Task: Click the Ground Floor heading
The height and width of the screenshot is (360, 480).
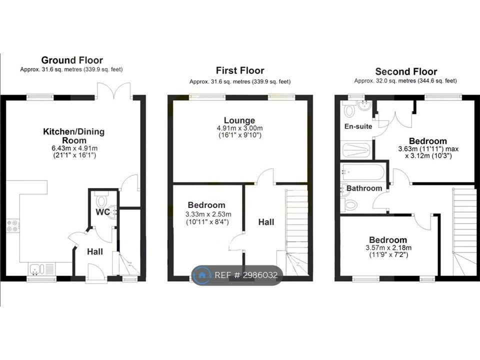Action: click(72, 60)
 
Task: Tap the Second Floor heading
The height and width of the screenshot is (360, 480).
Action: click(406, 71)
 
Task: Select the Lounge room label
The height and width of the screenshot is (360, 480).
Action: click(239, 120)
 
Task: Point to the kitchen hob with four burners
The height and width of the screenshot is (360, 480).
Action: click(12, 226)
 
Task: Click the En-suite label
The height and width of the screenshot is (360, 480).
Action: click(358, 126)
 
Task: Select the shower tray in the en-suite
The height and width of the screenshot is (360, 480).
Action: click(355, 150)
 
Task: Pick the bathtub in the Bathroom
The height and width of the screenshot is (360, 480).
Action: click(363, 172)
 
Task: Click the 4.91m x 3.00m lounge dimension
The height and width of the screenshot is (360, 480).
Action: click(239, 128)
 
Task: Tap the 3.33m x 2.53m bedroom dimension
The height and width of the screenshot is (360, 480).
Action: click(208, 214)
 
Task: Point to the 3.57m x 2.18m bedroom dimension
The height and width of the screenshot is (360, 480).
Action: click(388, 247)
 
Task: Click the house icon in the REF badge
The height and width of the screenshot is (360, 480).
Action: click(201, 275)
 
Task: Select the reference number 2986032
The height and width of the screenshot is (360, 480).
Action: click(260, 275)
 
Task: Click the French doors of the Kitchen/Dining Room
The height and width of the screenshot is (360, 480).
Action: click(114, 91)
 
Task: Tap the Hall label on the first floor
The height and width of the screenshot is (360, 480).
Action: click(266, 222)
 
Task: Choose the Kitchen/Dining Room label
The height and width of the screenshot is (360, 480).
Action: click(74, 136)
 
